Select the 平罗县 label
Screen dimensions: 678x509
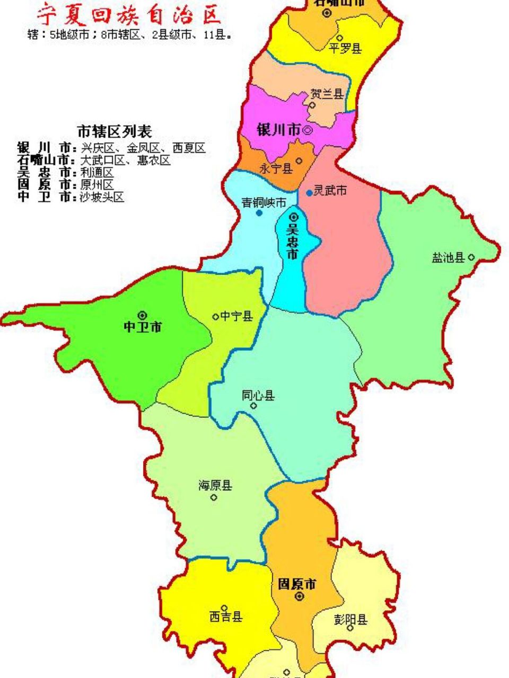[x=345, y=48]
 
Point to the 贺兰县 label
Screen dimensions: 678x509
[x=327, y=94]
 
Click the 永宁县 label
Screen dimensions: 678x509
[x=276, y=168]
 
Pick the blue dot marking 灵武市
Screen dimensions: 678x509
[x=309, y=193]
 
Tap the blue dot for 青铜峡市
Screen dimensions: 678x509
[x=259, y=213]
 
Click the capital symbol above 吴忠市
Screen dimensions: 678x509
[x=294, y=217]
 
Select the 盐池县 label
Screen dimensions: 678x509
[x=448, y=258]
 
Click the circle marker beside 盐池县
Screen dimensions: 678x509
[x=471, y=258]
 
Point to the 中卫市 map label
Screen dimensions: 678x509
[x=143, y=327]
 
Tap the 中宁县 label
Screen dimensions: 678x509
[x=236, y=316]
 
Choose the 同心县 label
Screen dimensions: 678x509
[x=258, y=395]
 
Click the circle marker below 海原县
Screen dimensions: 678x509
[x=214, y=497]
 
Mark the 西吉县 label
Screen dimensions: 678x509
[x=226, y=617]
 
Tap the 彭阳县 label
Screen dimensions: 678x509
[x=350, y=619]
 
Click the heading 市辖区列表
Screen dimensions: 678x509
[x=115, y=131]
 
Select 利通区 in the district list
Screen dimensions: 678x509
[x=96, y=173]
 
